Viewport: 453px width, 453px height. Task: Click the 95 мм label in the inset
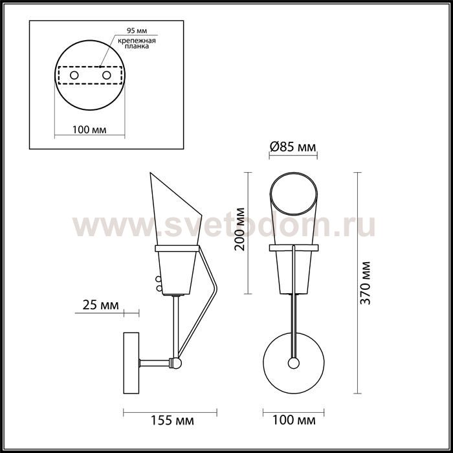coord(137,30)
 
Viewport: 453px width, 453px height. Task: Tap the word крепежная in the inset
coord(137,41)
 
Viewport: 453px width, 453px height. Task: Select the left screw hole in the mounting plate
coord(74,76)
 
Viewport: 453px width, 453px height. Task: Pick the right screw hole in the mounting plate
coord(107,76)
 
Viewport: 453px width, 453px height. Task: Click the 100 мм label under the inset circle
coord(89,129)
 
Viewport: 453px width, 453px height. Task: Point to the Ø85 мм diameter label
coord(293,148)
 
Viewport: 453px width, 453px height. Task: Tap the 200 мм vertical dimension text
coord(240,229)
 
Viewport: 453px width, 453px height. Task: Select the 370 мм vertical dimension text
coord(365,283)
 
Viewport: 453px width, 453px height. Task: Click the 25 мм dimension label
coord(100,305)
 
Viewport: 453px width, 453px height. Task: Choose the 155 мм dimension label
coord(173,421)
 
